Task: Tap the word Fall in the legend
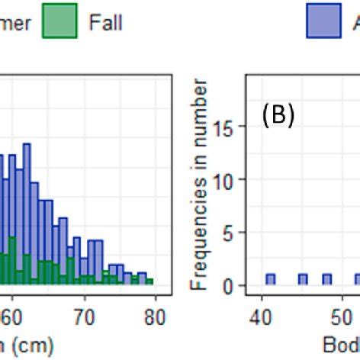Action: pos(105,23)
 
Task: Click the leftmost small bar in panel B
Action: pos(270,280)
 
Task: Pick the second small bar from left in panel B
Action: pos(303,280)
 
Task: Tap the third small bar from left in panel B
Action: pos(327,280)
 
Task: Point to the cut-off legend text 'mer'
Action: pos(15,23)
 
